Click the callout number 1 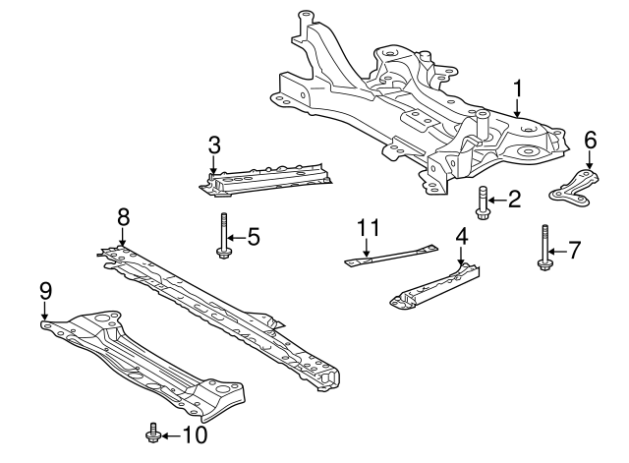pos(517,93)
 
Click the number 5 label pos(253,236)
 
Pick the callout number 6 pos(590,140)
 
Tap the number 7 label pos(575,249)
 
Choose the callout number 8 pos(123,215)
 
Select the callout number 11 pos(368,228)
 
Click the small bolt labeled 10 pos(151,432)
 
